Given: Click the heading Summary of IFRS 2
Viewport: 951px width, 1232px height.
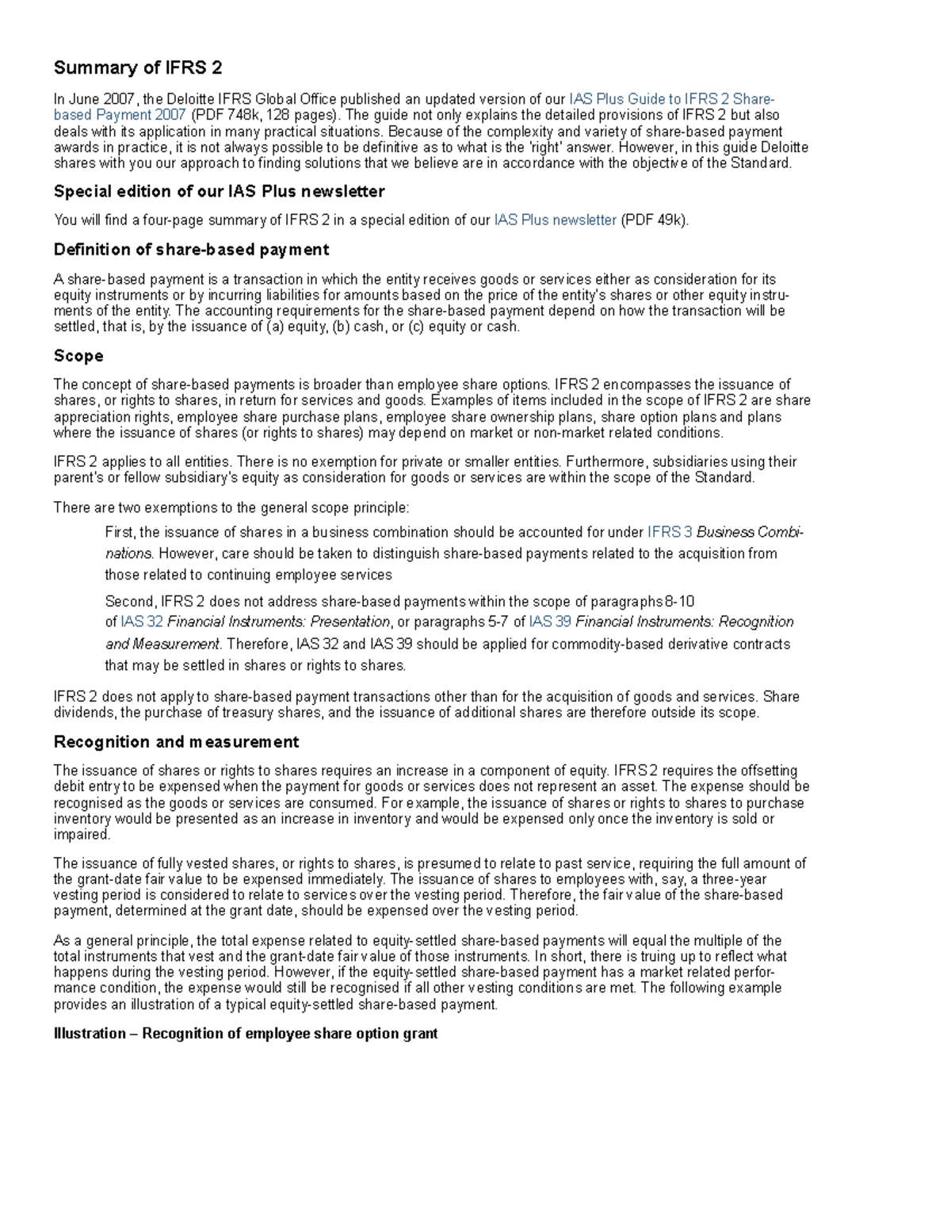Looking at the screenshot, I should pos(138,68).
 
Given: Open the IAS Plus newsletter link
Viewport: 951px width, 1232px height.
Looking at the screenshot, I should pos(555,220).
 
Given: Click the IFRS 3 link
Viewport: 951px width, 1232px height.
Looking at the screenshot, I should pos(670,533).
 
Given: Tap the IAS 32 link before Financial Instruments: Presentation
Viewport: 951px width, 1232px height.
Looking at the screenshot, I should pos(142,622).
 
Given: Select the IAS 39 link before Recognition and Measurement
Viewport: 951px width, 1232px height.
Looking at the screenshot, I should pos(550,622).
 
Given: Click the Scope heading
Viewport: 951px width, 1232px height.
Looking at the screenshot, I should pos(78,356).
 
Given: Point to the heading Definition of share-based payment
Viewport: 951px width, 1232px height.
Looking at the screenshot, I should pos(191,250).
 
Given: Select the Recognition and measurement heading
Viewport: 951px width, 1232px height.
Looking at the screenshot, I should pos(176,742).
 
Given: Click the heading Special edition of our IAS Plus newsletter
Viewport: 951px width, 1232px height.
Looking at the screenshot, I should pos(219,192).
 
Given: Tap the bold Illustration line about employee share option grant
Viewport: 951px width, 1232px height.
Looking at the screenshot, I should pos(245,1034).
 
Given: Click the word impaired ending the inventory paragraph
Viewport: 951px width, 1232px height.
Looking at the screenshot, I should pos(81,835).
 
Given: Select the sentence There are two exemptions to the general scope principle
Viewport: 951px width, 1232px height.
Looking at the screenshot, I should pos(231,508).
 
